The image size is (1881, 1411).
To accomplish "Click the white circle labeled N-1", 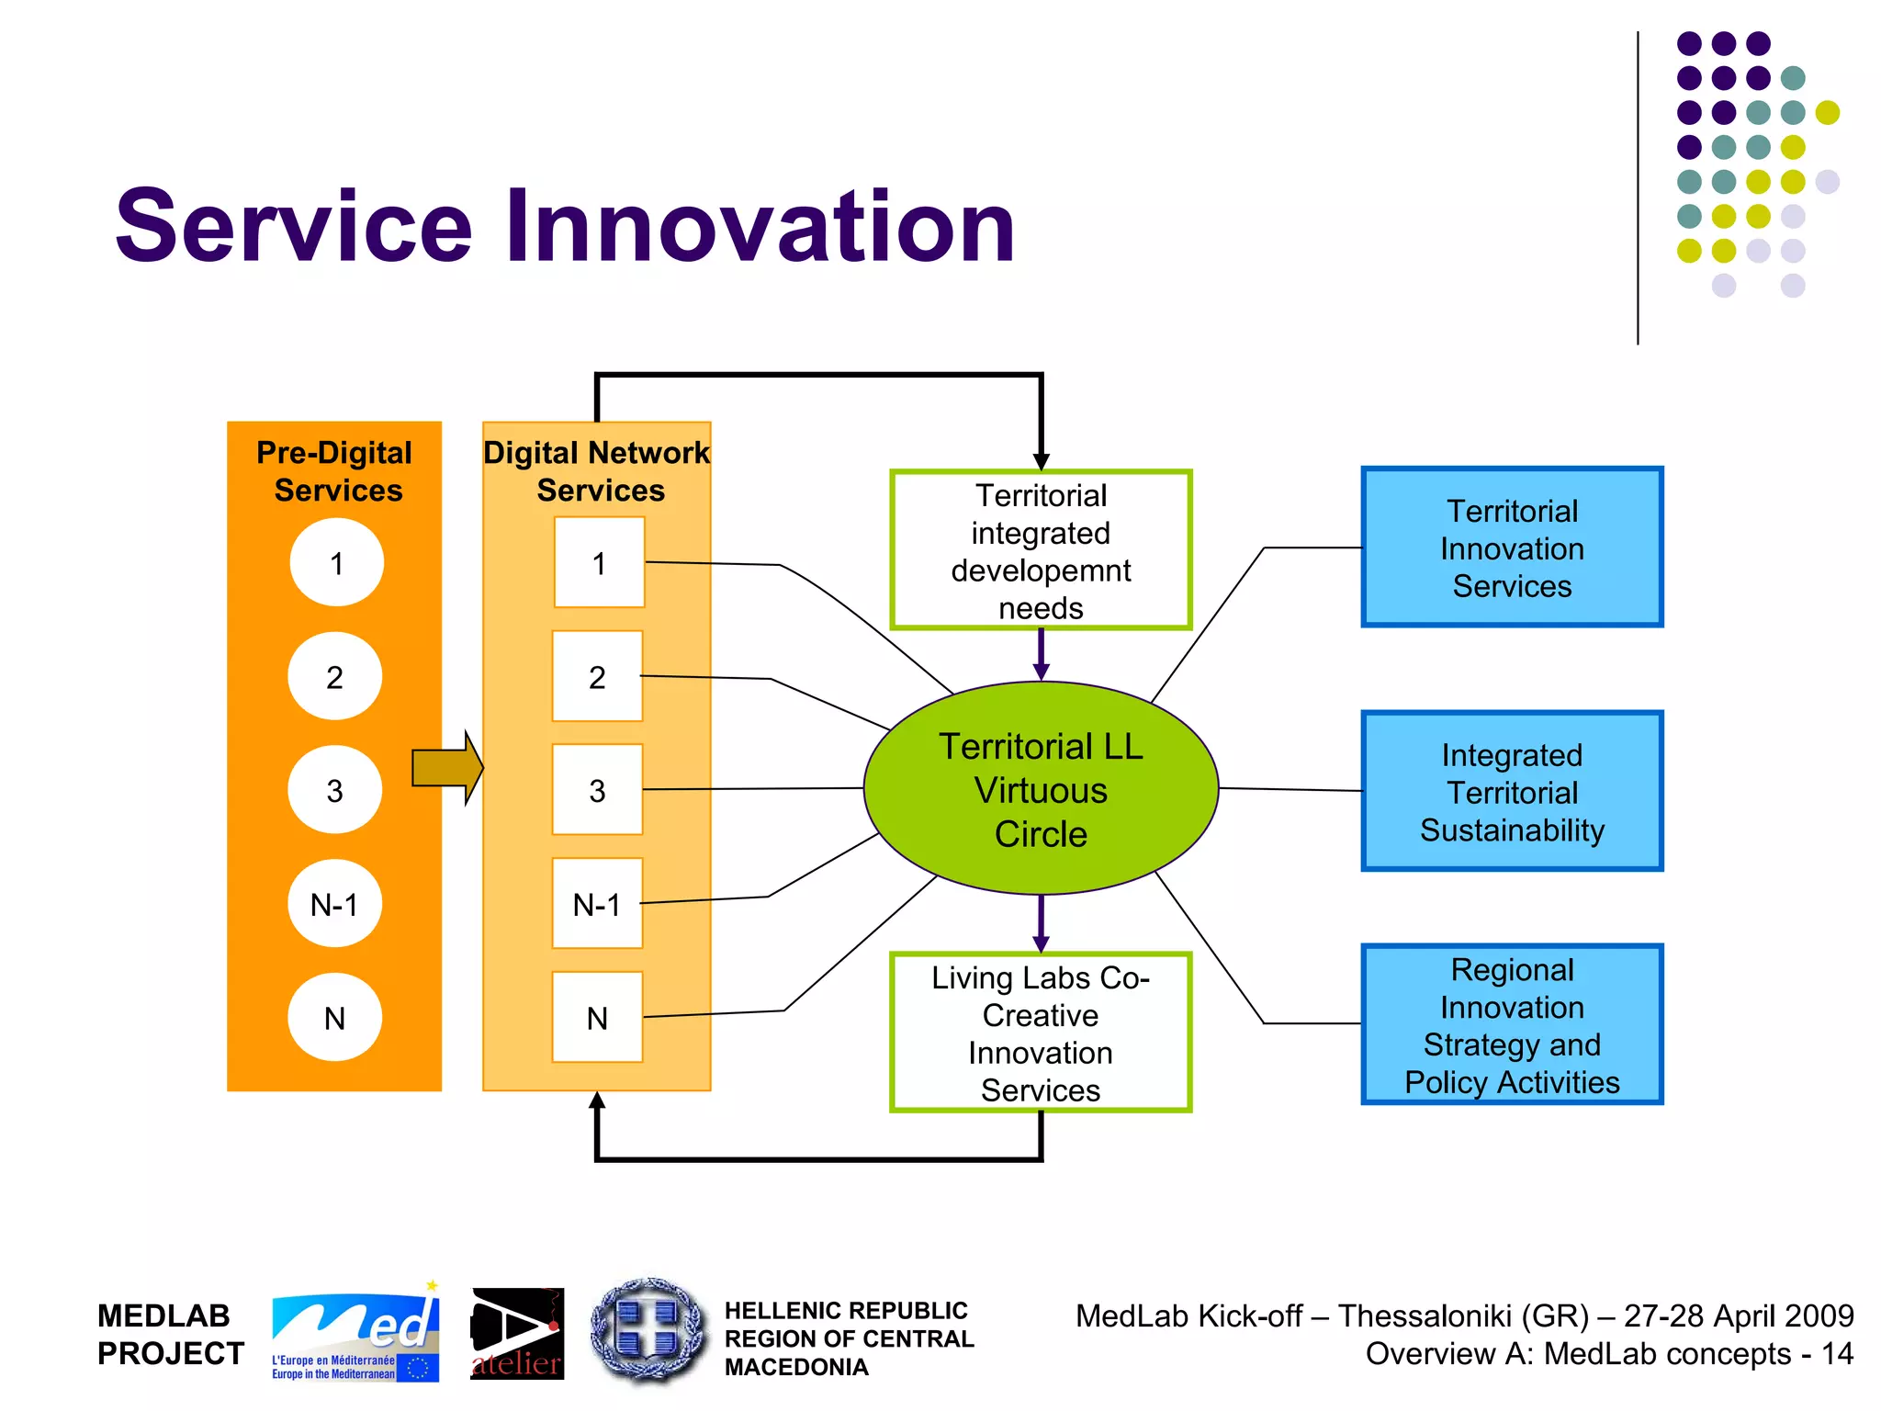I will (x=334, y=904).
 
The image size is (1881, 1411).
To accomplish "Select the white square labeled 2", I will (x=597, y=676).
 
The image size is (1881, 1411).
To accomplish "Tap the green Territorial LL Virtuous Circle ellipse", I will (x=1040, y=789).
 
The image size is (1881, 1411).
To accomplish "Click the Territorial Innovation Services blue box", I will (x=1512, y=547).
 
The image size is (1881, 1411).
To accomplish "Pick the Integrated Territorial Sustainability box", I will (x=1512, y=791).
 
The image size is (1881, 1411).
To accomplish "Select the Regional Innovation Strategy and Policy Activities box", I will (x=1512, y=1024).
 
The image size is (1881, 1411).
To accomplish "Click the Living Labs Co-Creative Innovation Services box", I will (x=1040, y=1033).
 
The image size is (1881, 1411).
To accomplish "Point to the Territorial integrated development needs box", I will (x=1040, y=550).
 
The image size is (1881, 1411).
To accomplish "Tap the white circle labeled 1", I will (x=336, y=562).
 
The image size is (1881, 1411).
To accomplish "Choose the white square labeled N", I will (x=597, y=1017).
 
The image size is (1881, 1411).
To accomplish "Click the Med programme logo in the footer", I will (x=355, y=1333).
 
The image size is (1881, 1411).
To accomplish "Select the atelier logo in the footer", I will (x=517, y=1333).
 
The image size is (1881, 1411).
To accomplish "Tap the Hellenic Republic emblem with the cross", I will (x=649, y=1331).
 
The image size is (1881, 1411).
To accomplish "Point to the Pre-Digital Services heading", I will (x=335, y=471).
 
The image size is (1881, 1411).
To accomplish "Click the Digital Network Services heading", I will (x=597, y=471).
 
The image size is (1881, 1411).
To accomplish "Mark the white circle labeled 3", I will (x=334, y=790).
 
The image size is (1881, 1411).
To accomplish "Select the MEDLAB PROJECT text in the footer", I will (x=170, y=1334).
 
